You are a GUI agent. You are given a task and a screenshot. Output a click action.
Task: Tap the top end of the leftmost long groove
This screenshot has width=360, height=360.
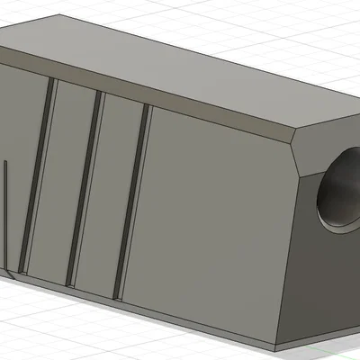(x=53, y=83)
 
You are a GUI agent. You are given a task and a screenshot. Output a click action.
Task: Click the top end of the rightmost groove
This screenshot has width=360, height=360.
(x=146, y=108)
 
